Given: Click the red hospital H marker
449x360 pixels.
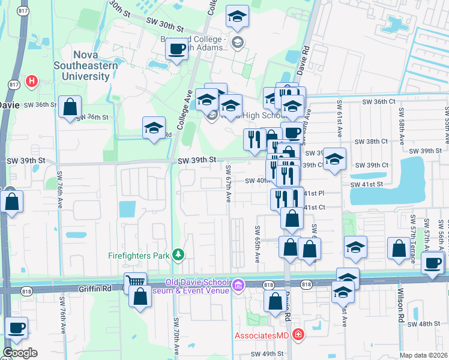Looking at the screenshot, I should [x=32, y=80].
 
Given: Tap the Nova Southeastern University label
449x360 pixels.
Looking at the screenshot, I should [x=82, y=65].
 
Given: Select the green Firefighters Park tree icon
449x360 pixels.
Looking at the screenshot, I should [x=178, y=255].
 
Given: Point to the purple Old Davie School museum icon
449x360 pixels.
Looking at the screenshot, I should [x=239, y=284].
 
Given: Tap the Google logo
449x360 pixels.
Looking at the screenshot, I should [x=20, y=353].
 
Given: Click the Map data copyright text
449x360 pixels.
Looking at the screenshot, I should [x=424, y=355].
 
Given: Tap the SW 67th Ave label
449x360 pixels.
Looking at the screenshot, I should [x=229, y=187].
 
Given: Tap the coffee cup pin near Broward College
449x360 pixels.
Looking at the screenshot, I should [x=176, y=50].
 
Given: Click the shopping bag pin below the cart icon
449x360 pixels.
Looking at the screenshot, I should [x=140, y=297].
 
